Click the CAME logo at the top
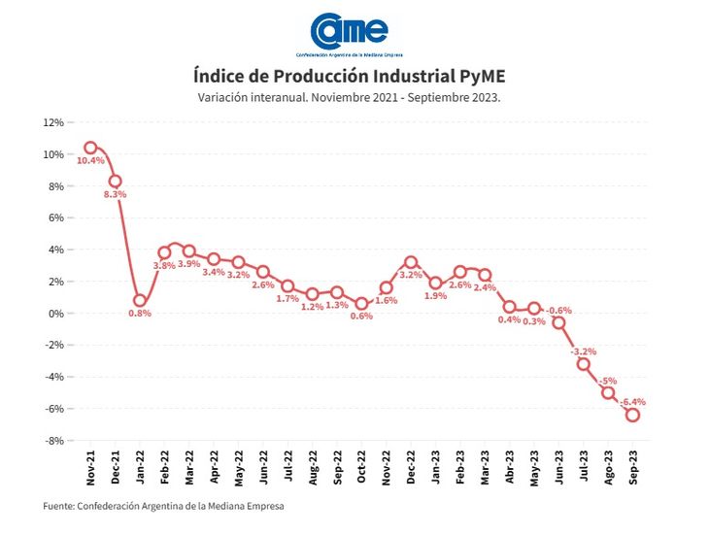click(349, 30)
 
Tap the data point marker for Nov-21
click(90, 148)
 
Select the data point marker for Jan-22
click(140, 301)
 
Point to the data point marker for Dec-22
click(411, 262)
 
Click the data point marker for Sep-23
click(632, 415)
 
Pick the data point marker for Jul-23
click(584, 364)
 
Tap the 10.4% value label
click(90, 161)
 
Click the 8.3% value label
click(115, 194)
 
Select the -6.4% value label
click(633, 401)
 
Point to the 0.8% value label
click(140, 315)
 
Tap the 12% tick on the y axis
click(52, 123)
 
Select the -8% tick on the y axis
click(52, 441)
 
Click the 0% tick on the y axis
click(55, 314)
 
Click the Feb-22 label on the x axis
click(165, 470)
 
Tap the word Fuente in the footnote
click(61, 506)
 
